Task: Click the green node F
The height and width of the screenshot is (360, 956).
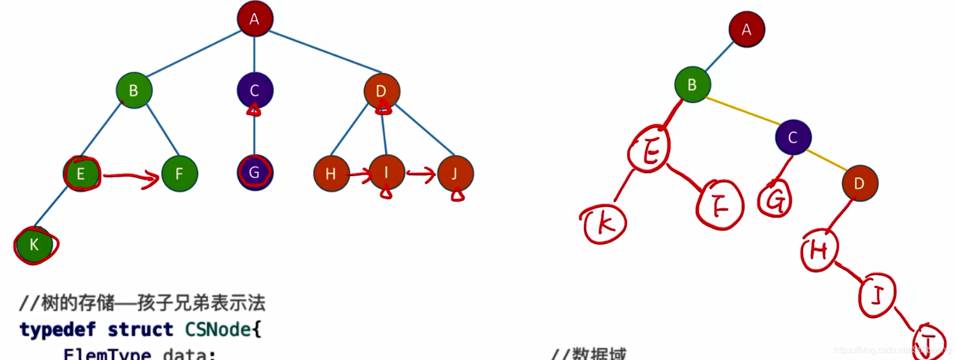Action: click(179, 173)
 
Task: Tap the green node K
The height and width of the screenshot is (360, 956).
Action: click(35, 245)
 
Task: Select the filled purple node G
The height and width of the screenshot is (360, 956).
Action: click(255, 173)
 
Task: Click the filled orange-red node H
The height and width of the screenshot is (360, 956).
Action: click(331, 174)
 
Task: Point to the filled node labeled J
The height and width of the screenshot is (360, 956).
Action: click(455, 173)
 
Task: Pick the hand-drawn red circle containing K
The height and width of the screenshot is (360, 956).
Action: click(605, 224)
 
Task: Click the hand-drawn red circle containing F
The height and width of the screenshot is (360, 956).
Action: click(720, 206)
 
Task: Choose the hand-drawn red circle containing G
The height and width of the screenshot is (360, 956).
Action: click(775, 200)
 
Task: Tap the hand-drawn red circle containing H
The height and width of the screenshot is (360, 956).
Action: click(819, 250)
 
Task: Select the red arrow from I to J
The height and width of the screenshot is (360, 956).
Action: click(421, 174)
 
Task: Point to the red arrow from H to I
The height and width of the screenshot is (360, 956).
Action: click(359, 174)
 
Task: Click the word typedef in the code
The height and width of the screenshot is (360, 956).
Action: click(57, 330)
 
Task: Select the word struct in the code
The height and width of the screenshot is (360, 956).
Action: click(140, 330)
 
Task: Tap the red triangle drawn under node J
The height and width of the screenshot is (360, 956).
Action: click(458, 195)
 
